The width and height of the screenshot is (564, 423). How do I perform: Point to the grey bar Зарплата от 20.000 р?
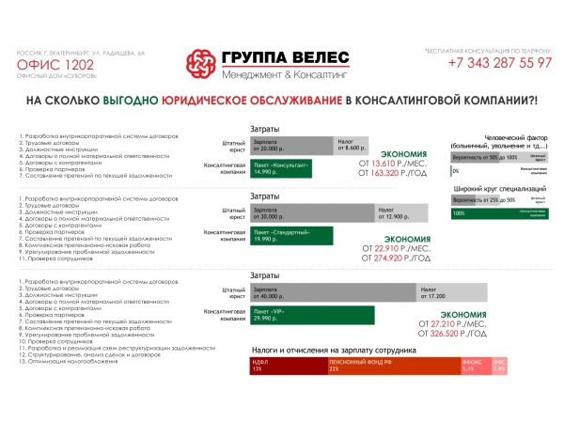pos(291,145)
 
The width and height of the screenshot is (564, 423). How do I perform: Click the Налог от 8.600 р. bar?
pos(354,145)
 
